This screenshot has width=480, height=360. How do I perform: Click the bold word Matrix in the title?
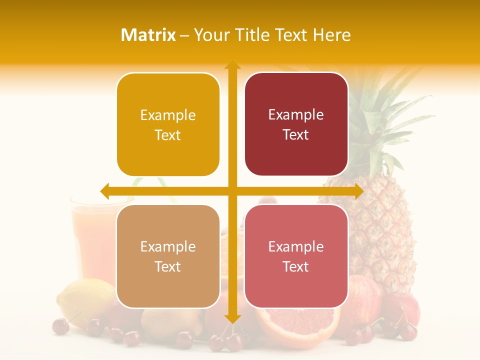(148, 35)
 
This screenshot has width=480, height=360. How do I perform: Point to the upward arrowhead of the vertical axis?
(232, 65)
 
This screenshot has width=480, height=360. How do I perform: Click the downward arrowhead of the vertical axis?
(232, 318)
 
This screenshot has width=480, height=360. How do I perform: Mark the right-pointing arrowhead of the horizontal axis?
(358, 191)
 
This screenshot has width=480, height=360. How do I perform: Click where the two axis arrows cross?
(232, 191)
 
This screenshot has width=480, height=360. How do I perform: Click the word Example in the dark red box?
(296, 115)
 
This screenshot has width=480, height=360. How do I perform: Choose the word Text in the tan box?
(168, 267)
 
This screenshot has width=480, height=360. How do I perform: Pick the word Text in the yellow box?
(168, 135)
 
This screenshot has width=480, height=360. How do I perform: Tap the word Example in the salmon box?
(296, 246)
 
